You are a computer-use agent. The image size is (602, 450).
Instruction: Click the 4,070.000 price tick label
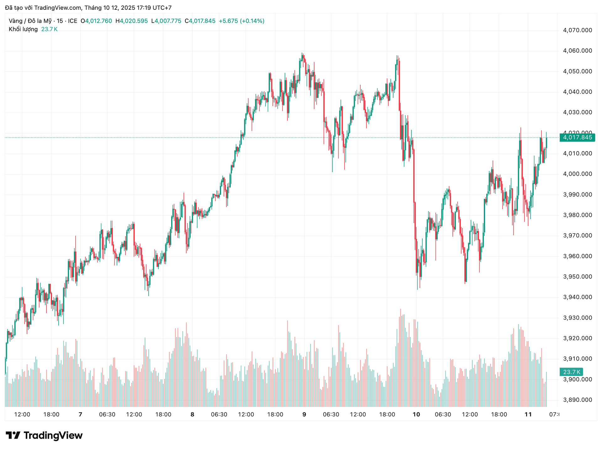point(578,30)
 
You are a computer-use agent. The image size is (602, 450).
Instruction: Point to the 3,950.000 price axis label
point(578,277)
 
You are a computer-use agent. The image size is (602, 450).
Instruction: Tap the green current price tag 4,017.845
point(577,138)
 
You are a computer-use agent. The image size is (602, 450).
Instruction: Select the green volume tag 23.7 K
point(571,372)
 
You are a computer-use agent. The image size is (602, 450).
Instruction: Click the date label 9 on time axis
point(304,415)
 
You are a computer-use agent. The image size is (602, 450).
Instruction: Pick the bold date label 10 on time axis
point(416,415)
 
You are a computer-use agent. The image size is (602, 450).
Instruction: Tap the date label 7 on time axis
point(80,415)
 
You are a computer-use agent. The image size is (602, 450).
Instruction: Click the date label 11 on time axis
point(528,415)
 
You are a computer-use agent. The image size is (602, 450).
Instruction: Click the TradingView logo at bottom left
point(44,436)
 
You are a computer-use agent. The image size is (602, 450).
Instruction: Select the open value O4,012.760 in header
point(96,21)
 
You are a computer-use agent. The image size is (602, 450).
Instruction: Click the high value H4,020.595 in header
point(132,21)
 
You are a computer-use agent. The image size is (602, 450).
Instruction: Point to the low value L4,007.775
point(166,21)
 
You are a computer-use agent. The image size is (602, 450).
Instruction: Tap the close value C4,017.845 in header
point(200,21)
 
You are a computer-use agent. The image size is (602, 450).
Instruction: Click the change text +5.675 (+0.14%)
point(241,21)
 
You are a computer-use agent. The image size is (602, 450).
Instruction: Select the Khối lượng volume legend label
point(23,29)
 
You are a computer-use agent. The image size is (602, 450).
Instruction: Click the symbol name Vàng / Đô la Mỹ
point(30,21)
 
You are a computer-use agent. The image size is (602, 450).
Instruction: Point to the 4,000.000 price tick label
point(578,174)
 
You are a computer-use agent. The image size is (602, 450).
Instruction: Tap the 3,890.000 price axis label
point(578,400)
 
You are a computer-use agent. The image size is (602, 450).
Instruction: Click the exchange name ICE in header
point(72,21)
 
